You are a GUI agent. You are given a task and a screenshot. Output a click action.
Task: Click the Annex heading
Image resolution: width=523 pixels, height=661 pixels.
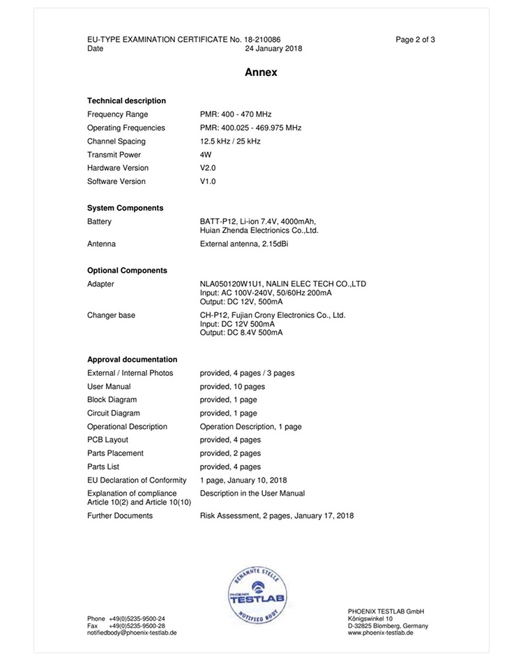[261, 72]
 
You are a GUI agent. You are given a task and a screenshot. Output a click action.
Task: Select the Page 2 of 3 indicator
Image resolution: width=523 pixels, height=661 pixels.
[415, 40]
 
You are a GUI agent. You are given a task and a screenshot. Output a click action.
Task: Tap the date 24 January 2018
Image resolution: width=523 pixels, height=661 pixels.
[273, 49]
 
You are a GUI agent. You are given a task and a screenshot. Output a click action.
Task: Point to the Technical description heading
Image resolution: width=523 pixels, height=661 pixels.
[126, 100]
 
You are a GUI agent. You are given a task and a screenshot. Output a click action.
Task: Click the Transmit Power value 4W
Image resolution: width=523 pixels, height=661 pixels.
[205, 155]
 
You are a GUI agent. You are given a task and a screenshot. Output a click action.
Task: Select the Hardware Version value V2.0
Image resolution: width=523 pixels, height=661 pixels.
[208, 168]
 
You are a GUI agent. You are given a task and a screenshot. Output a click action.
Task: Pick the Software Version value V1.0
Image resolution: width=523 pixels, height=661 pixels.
[208, 181]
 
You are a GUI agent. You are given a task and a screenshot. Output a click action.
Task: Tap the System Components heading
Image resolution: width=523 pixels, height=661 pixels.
[125, 208]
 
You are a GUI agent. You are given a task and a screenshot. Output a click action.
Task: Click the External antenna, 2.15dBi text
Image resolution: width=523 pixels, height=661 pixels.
[243, 244]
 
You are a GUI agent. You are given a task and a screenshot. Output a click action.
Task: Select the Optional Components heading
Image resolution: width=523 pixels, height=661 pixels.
[127, 271]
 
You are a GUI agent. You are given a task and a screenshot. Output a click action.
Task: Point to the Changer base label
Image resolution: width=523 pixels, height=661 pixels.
[111, 315]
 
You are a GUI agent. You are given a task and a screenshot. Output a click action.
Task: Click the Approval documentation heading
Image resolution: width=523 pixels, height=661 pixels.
[132, 360]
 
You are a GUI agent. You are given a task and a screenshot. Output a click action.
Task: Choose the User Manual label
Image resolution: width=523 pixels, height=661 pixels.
[109, 386]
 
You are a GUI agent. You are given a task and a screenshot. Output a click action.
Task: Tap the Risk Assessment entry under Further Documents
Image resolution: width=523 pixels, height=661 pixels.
[277, 516]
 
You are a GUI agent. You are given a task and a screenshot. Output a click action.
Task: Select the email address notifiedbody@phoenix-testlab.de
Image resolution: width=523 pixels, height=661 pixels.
[132, 632]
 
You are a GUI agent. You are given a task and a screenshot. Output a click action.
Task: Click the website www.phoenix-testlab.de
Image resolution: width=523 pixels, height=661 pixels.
[381, 632]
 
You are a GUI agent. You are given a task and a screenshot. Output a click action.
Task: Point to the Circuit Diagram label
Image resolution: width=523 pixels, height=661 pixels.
[113, 413]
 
